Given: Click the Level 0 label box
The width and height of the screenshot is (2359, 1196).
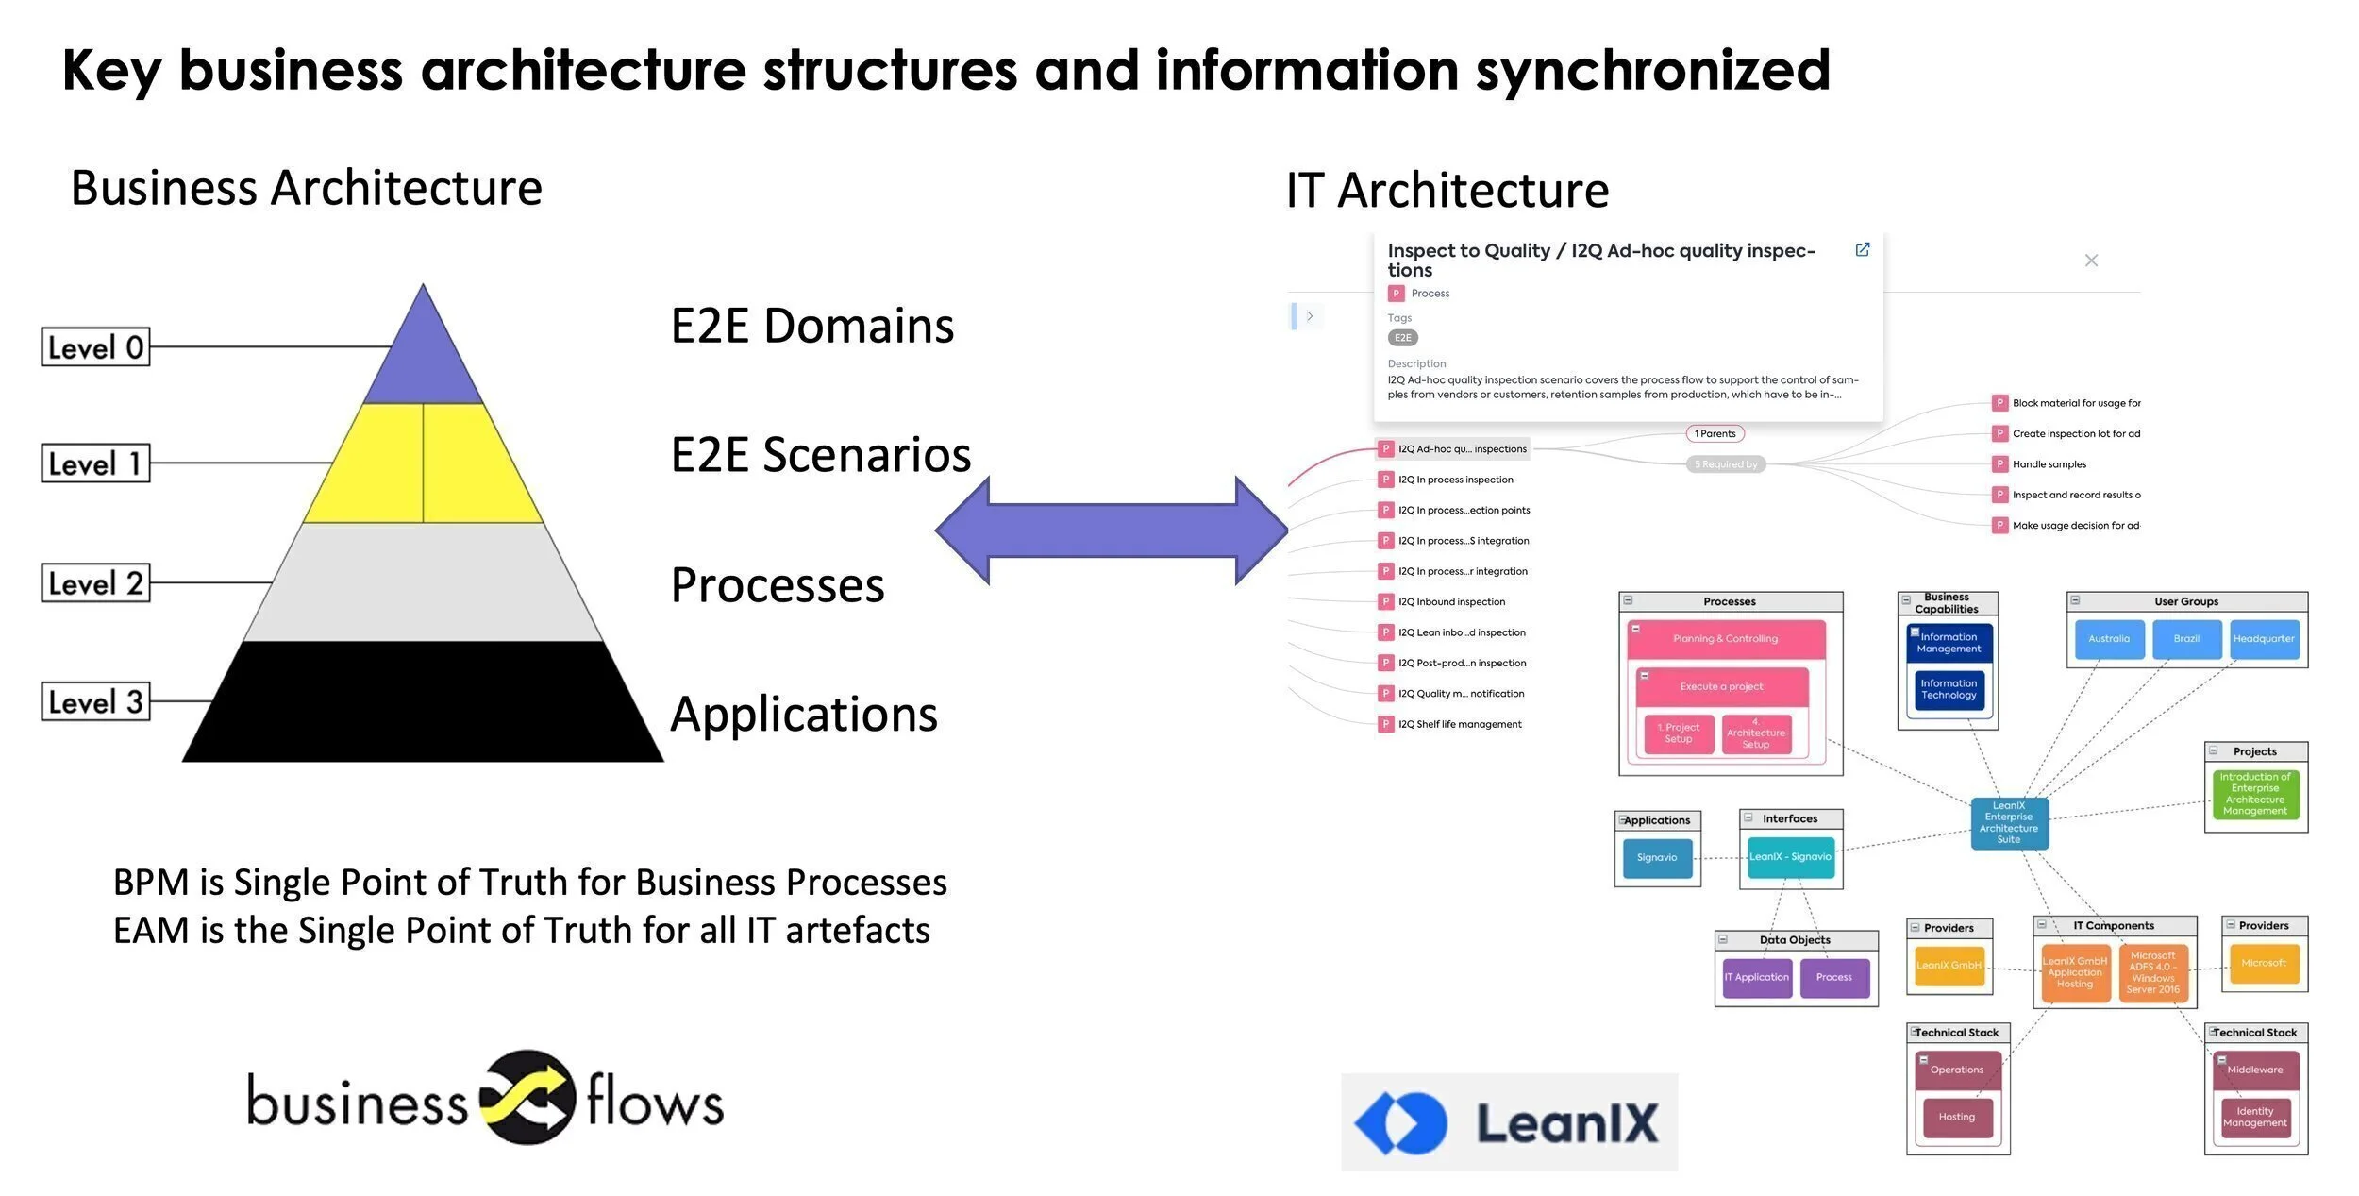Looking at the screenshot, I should (x=95, y=346).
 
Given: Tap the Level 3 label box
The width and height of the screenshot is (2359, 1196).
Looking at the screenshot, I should (x=95, y=701).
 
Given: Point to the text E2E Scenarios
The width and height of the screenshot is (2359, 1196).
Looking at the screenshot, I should (x=820, y=454).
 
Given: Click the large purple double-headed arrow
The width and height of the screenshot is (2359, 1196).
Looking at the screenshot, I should (x=1112, y=531).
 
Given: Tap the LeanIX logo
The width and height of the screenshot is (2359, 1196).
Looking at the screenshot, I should (x=1509, y=1121).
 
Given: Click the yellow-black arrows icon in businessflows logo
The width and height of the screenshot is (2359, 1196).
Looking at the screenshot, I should (x=527, y=1097).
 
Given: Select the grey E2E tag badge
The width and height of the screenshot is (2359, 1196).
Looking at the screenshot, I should (x=1402, y=338).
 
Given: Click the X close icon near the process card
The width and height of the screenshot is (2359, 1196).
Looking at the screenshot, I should (x=2091, y=261).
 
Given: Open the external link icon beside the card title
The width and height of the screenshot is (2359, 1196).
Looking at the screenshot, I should (x=1862, y=250).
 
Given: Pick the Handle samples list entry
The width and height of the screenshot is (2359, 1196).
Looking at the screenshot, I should (x=2048, y=464).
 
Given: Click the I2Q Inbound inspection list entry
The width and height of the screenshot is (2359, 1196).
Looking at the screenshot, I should (x=1450, y=602).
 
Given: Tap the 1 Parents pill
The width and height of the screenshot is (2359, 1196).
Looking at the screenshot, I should (x=1715, y=434).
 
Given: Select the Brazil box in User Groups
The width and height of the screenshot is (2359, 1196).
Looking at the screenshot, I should (x=2186, y=639).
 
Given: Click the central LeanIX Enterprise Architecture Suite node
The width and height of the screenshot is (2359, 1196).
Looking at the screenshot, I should (x=2009, y=823).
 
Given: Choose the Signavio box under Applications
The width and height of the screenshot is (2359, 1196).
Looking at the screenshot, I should (x=1657, y=857).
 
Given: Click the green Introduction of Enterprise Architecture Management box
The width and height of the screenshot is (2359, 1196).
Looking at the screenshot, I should (x=2254, y=794).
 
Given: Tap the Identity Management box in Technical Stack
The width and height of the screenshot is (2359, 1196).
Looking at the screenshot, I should (x=2254, y=1117).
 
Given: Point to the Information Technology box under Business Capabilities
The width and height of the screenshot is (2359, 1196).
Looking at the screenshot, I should (x=1949, y=689).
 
